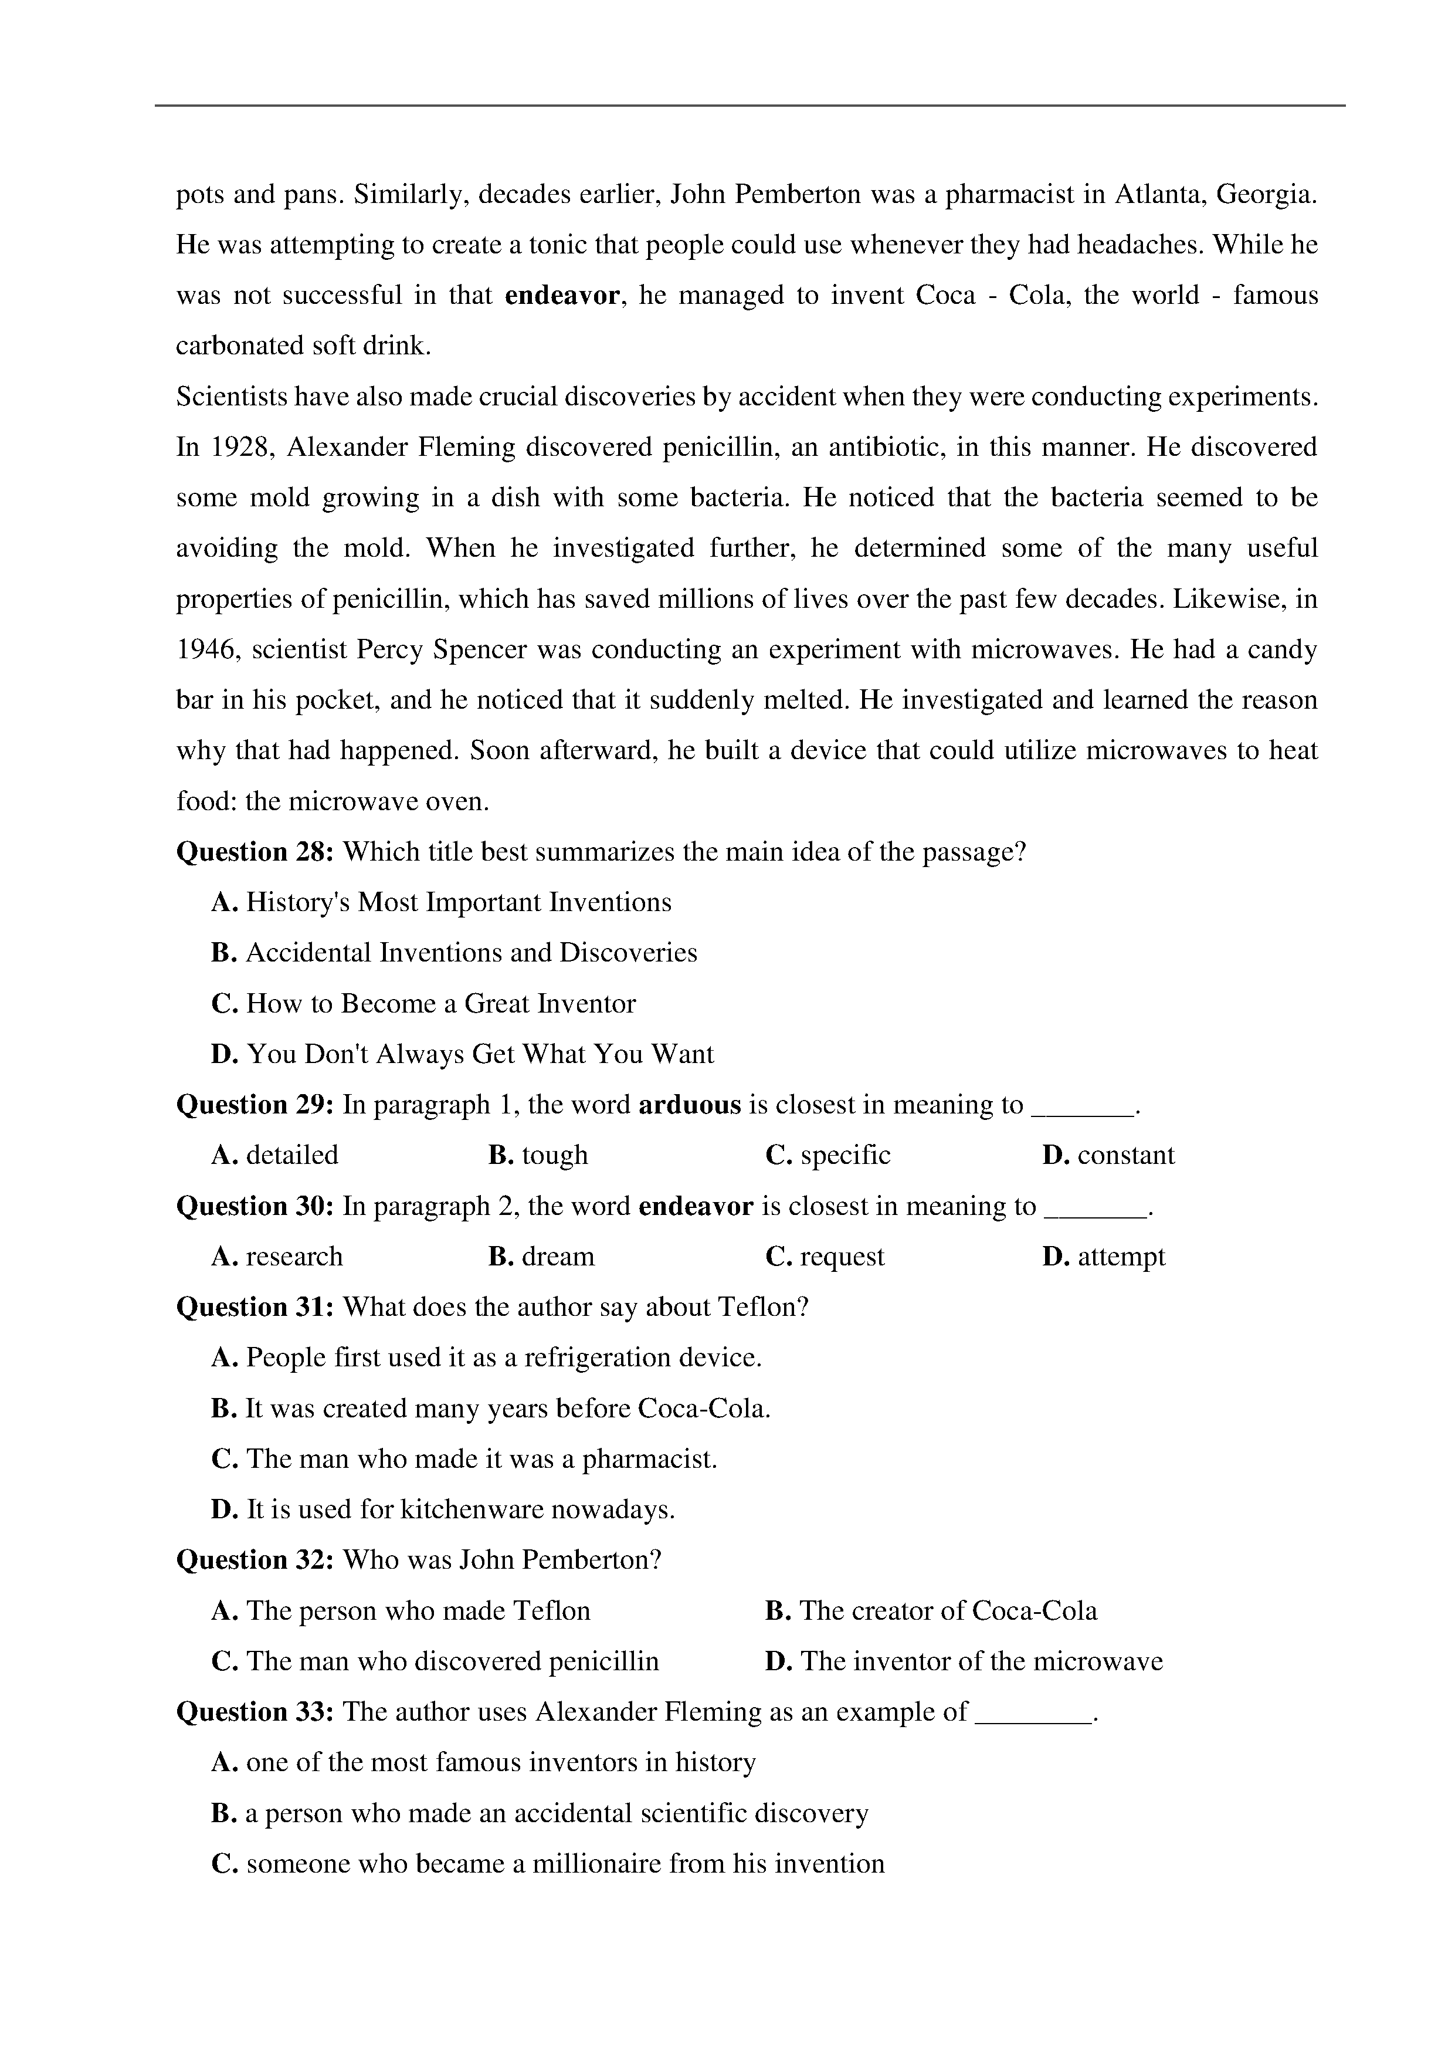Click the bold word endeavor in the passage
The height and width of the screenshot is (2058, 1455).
pyautogui.click(x=562, y=296)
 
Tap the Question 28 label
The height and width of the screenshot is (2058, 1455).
pyautogui.click(x=255, y=851)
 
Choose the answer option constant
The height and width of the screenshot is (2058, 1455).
pyautogui.click(x=1125, y=1155)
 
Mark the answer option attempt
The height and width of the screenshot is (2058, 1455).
pyautogui.click(x=1121, y=1257)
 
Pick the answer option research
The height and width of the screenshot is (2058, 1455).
pyautogui.click(x=294, y=1257)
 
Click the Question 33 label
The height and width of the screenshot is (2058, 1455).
pyautogui.click(x=255, y=1712)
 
